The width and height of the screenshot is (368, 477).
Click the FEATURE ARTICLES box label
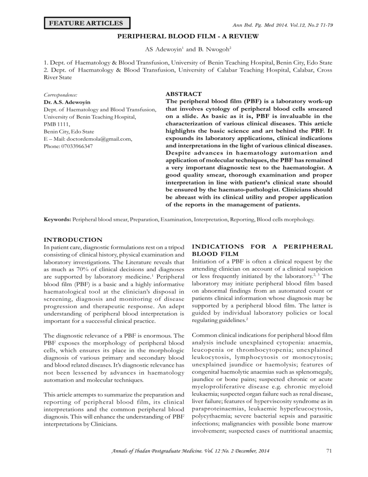[86, 23]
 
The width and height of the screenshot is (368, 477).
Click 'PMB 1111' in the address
[49, 124]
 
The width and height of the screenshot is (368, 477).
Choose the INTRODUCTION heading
[67, 239]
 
